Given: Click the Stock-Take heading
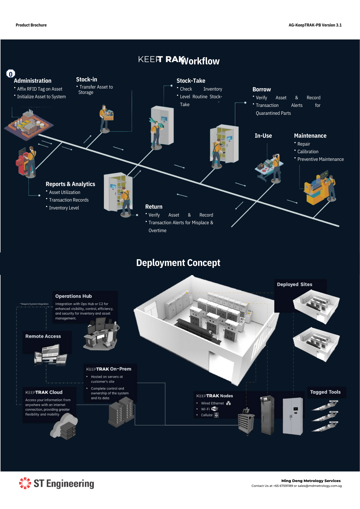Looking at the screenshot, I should pos(191,81).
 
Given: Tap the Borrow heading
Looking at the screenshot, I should pos(261,89).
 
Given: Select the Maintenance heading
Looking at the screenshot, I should pos(310,136).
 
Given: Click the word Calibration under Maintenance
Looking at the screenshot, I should pos(308,152).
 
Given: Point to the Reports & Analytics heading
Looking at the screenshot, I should pos(70,184).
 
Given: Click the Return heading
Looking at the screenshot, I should pos(154,207).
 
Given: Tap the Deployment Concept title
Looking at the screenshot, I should pos(178,263).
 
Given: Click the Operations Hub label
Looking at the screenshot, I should pos(73,296).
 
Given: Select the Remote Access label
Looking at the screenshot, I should pos(43,336).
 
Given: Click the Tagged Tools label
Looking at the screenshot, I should pos(325,392).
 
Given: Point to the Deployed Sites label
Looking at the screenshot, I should pos(294,284).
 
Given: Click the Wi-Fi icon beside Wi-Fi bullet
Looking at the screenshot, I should pos(215,409).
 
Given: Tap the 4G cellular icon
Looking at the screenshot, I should pos(216,415).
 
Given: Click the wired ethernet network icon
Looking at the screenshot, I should pos(228,403).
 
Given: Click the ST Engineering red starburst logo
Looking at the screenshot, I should pos(25,483).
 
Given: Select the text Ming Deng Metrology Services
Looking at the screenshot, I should pos(311,481).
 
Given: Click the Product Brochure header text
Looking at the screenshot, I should pos(31,25).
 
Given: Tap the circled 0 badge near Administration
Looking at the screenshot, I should pos(11,74).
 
